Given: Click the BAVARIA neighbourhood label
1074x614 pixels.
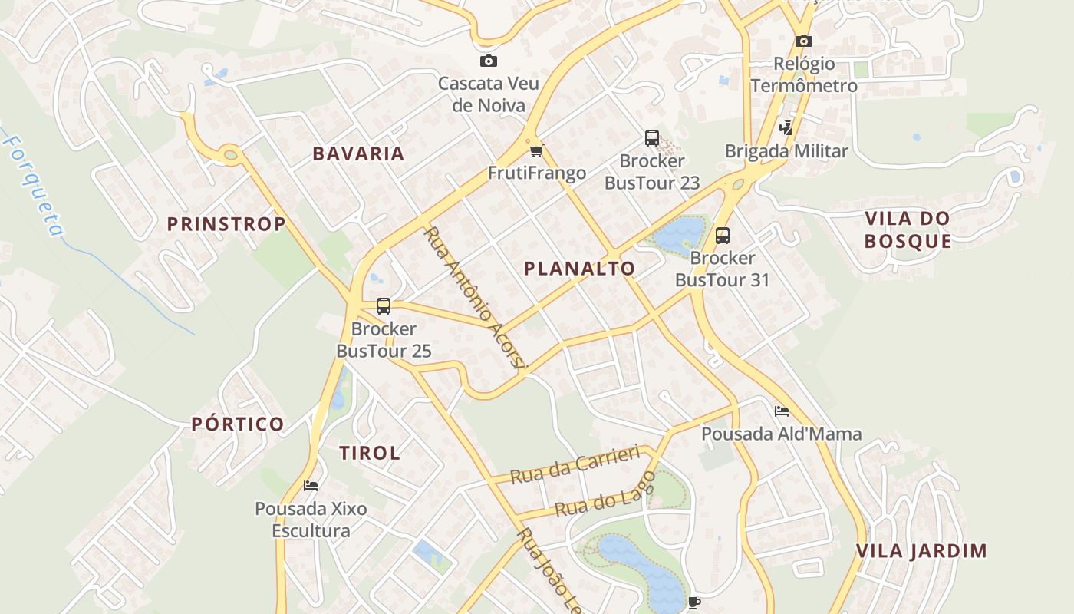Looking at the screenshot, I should pyautogui.click(x=358, y=153).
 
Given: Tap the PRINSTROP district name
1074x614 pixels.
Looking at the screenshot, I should pyautogui.click(x=226, y=224).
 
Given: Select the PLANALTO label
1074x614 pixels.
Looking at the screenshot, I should pyautogui.click(x=579, y=269).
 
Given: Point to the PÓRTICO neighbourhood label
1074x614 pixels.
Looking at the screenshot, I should pyautogui.click(x=238, y=424).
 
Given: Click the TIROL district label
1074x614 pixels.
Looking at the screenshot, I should pyautogui.click(x=370, y=453).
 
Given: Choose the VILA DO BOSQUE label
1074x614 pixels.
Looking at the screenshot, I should pyautogui.click(x=908, y=229).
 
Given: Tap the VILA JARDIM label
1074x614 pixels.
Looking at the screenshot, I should pyautogui.click(x=921, y=551).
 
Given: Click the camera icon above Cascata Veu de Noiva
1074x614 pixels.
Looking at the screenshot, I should pyautogui.click(x=489, y=61).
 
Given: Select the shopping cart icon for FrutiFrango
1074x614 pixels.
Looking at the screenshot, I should pyautogui.click(x=536, y=150).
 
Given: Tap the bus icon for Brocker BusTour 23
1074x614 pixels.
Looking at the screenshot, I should pyautogui.click(x=652, y=138).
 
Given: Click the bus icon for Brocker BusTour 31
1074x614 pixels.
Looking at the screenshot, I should pyautogui.click(x=722, y=236).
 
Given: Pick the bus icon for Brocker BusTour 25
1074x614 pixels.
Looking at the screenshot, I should pyautogui.click(x=384, y=306).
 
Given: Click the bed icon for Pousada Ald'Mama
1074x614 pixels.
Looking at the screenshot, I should pyautogui.click(x=782, y=411).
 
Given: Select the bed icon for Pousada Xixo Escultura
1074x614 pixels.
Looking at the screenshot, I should pyautogui.click(x=311, y=485).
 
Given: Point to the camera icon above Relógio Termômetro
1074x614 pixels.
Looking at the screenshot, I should pyautogui.click(x=803, y=41).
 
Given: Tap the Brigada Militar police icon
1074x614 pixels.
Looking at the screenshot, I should pyautogui.click(x=786, y=128).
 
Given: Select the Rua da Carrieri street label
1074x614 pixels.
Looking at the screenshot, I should pyautogui.click(x=575, y=465).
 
